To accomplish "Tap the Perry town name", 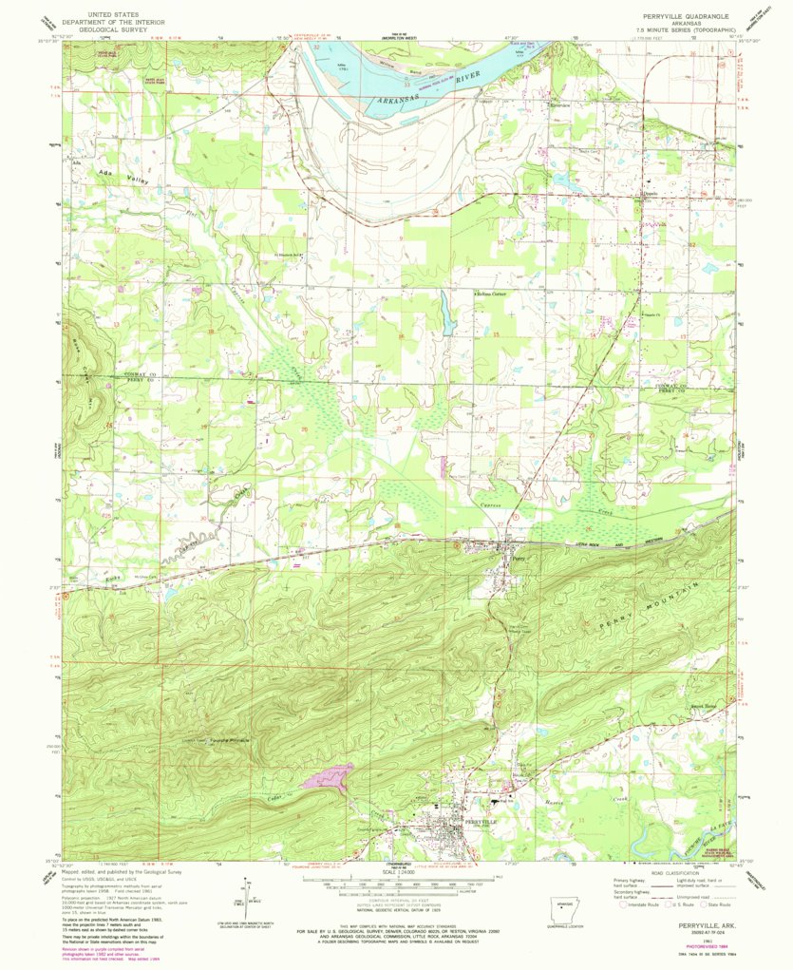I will pyautogui.click(x=517, y=559).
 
